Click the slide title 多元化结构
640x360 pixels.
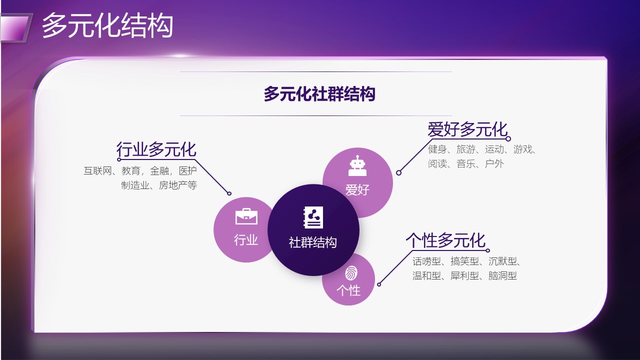[x=107, y=25]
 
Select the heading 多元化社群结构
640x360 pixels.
[x=319, y=93]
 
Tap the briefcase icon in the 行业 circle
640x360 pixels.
[x=246, y=216]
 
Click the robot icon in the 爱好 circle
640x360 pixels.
[x=357, y=165]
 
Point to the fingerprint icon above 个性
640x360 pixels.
[x=351, y=273]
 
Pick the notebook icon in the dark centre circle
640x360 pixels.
[x=313, y=217]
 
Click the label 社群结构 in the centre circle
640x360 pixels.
[x=313, y=242]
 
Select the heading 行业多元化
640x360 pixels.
[x=156, y=149]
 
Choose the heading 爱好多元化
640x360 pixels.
[x=467, y=129]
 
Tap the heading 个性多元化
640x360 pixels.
[x=445, y=240]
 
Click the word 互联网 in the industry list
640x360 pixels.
[x=97, y=171]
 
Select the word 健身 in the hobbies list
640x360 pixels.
[x=437, y=149]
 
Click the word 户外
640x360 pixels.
[x=494, y=163]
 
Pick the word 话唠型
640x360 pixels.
[x=426, y=261]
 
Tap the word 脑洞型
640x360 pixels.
[x=502, y=275]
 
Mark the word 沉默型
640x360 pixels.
[x=502, y=261]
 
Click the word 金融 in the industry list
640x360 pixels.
[x=159, y=171]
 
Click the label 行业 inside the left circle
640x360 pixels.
[x=246, y=239]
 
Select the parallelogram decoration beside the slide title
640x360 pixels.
[x=15, y=27]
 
